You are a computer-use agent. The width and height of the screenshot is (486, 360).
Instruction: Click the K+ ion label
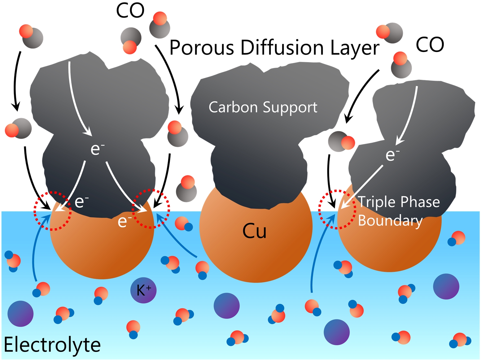tap(144, 291)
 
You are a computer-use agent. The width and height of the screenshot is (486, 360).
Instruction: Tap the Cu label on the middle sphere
tap(254, 231)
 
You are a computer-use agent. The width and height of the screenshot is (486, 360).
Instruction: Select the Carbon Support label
tap(263, 108)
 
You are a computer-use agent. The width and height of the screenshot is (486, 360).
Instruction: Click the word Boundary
tap(390, 221)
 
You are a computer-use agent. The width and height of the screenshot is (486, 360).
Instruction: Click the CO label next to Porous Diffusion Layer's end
tap(430, 45)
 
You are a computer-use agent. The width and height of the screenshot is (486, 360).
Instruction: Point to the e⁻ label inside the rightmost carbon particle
tap(392, 155)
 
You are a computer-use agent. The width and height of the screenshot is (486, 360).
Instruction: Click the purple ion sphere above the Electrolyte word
tap(20, 314)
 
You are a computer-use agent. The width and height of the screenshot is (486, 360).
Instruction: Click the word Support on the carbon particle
tap(290, 108)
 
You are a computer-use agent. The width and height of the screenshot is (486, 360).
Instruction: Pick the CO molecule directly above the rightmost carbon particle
tap(401, 65)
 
